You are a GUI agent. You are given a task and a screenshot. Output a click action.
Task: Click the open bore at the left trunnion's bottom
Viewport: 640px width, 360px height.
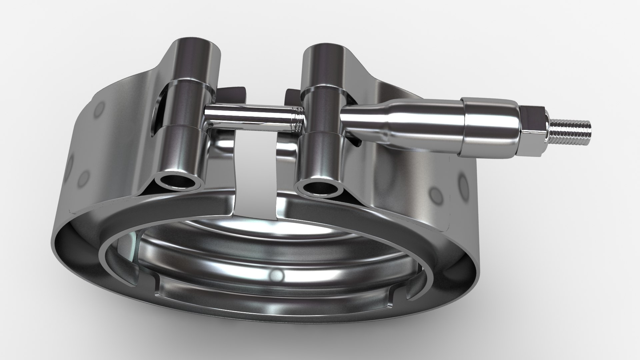pos(180,182)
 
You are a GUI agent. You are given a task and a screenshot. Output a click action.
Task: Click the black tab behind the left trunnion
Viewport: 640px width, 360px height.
pos(233,92)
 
